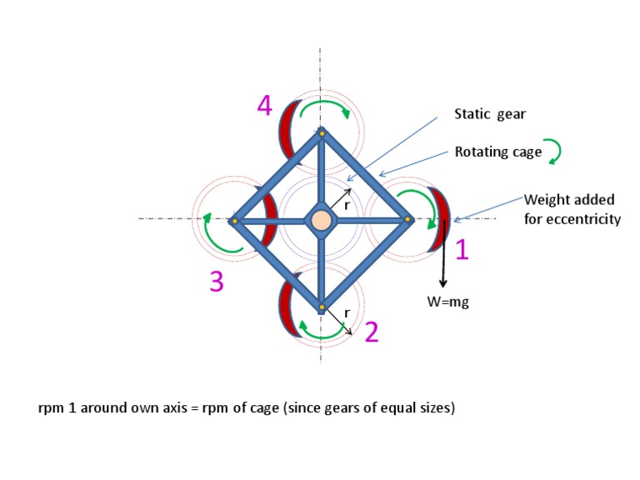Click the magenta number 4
[264, 107]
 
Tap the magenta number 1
[462, 249]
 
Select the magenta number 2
[372, 332]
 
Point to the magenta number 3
[216, 282]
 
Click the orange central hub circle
[321, 220]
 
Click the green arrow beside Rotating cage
[552, 150]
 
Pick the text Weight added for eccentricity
[571, 209]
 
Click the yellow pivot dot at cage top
[322, 132]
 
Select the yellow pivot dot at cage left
[235, 221]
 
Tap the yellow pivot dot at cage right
[407, 220]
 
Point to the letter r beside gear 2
[347, 312]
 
